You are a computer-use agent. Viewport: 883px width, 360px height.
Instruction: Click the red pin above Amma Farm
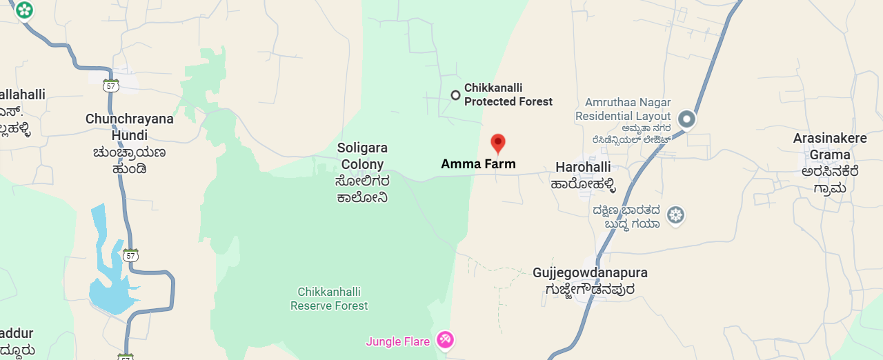497,143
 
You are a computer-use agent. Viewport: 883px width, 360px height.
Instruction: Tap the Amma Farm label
478,164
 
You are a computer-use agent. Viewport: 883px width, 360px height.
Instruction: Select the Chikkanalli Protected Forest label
508,95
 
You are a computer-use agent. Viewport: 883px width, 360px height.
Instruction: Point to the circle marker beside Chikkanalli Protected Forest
455,95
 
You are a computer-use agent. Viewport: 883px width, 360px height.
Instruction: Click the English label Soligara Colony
362,156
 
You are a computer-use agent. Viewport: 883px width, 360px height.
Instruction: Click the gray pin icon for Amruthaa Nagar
686,119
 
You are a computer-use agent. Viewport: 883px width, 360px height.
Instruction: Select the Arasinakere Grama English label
830,146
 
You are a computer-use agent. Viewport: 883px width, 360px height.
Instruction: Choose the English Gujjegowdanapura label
590,272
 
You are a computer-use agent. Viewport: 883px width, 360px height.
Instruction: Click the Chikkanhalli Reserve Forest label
329,299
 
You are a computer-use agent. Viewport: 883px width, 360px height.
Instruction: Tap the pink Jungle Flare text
398,341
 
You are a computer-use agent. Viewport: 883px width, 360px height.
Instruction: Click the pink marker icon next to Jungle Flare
445,339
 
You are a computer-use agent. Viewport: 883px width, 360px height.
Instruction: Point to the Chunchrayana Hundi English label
130,126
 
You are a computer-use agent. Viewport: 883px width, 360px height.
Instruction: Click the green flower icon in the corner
25,10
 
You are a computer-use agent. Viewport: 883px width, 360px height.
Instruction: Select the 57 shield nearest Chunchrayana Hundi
110,86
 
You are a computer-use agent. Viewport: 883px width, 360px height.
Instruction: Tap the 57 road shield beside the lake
131,255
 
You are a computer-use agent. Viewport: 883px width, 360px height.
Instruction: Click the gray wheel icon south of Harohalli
676,215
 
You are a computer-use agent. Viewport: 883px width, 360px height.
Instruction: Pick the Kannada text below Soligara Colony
362,190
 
